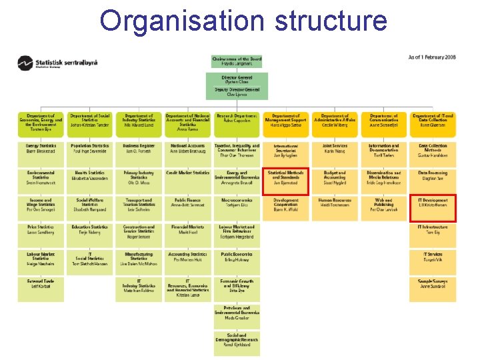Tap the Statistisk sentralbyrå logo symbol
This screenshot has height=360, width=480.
coord(25,63)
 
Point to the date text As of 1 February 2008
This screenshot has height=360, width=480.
coord(432,57)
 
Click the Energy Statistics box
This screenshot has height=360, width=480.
coord(41,148)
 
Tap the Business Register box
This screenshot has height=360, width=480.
coord(139,148)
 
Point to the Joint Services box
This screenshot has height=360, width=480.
coord(335,148)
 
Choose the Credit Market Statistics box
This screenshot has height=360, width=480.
coord(188,175)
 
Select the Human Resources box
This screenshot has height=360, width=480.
coord(335,203)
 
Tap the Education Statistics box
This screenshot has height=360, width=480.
coord(90,230)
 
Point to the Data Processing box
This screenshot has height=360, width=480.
coord(433,175)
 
